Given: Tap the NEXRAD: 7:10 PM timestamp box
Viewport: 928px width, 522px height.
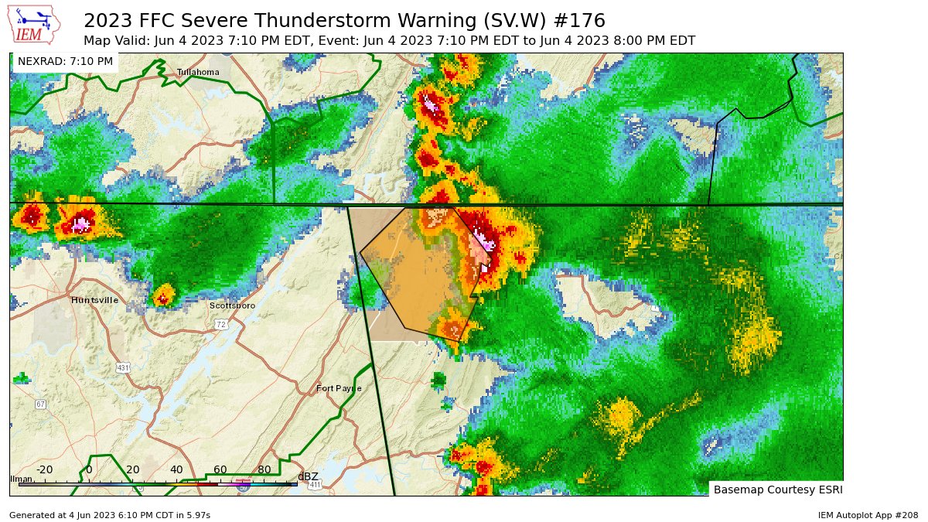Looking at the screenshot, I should [65, 61].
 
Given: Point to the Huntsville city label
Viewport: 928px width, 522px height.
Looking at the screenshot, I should [94, 300].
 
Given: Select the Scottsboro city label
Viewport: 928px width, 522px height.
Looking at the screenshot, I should [232, 305].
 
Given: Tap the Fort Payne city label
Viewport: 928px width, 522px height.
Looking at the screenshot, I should [339, 388].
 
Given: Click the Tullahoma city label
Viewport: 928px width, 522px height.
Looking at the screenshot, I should [198, 72].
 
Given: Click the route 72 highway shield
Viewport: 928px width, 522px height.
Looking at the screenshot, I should [221, 324].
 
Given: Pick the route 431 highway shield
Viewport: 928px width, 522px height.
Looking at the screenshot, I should [123, 368].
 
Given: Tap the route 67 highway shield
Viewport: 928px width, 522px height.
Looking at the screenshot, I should [40, 404].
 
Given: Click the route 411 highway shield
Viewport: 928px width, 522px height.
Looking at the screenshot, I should [315, 485].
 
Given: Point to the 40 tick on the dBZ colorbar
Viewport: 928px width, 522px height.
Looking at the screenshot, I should [176, 469].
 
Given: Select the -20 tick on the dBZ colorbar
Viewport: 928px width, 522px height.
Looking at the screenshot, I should [45, 469].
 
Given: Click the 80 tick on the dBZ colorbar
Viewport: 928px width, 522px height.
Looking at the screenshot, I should [264, 469].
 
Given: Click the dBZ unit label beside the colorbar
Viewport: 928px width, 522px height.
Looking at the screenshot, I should [308, 476].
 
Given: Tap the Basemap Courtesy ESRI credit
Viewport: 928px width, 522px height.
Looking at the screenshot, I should [777, 490].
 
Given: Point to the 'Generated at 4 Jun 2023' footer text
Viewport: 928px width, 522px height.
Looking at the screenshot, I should [109, 514].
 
